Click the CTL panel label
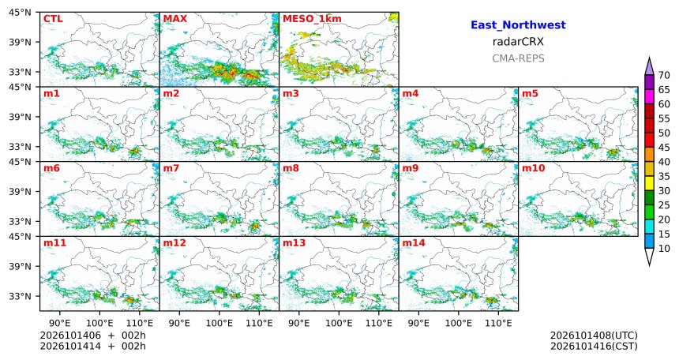[53, 19]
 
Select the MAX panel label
[175, 19]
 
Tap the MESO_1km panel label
[312, 19]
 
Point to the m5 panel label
[530, 94]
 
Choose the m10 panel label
[533, 168]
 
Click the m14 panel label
[414, 243]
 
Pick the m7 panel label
[171, 168]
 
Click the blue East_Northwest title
[518, 25]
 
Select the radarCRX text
[518, 42]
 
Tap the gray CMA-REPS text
[518, 58]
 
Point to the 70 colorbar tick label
[664, 75]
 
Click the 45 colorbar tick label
[664, 148]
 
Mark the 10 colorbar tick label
[664, 248]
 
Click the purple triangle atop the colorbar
[649, 67]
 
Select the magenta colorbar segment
[649, 97]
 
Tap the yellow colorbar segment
[649, 183]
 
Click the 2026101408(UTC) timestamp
[594, 336]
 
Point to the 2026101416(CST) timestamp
[594, 346]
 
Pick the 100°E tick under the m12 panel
[219, 323]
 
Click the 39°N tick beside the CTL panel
[20, 42]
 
